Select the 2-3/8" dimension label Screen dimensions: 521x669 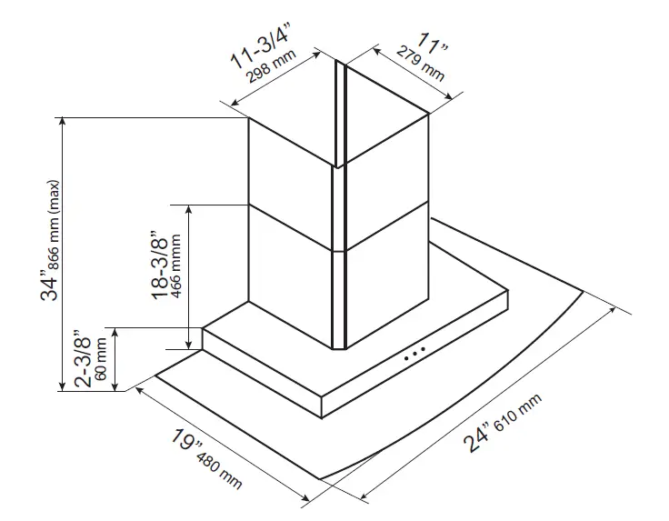coord(84,360)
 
